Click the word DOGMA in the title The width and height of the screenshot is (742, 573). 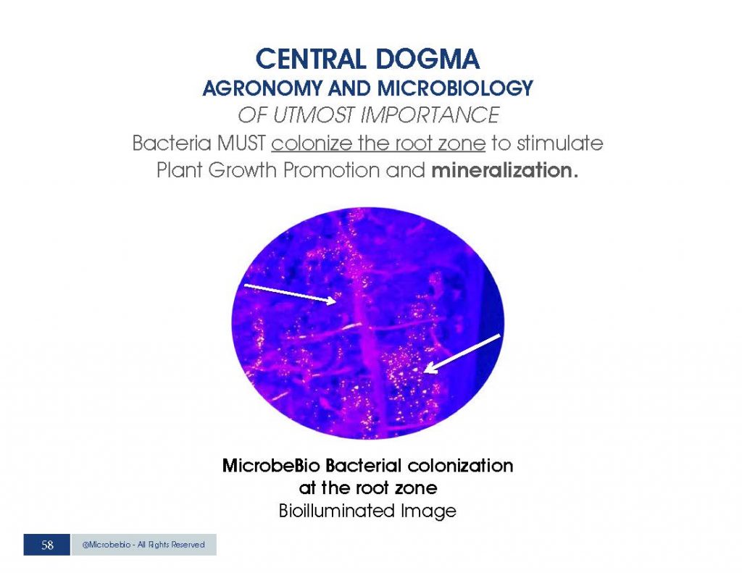click(x=428, y=59)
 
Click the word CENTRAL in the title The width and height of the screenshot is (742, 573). click(x=310, y=59)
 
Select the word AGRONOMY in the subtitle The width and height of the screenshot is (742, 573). click(x=262, y=88)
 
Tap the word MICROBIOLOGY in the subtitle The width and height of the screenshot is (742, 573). click(x=455, y=88)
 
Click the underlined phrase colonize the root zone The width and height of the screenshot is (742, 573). click(x=378, y=143)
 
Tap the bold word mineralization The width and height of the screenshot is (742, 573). click(x=504, y=170)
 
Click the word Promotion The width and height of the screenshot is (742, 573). click(x=331, y=170)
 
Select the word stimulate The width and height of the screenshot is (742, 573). click(x=560, y=143)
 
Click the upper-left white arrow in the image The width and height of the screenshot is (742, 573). click(x=290, y=294)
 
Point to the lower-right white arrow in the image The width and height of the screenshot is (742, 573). click(x=462, y=354)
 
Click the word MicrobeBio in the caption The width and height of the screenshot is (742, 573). click(x=271, y=466)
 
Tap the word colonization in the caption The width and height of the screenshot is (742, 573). click(x=460, y=466)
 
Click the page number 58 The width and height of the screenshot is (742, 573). click(x=47, y=545)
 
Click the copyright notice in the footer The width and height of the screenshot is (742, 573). click(x=143, y=545)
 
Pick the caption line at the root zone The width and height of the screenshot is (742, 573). click(x=367, y=488)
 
